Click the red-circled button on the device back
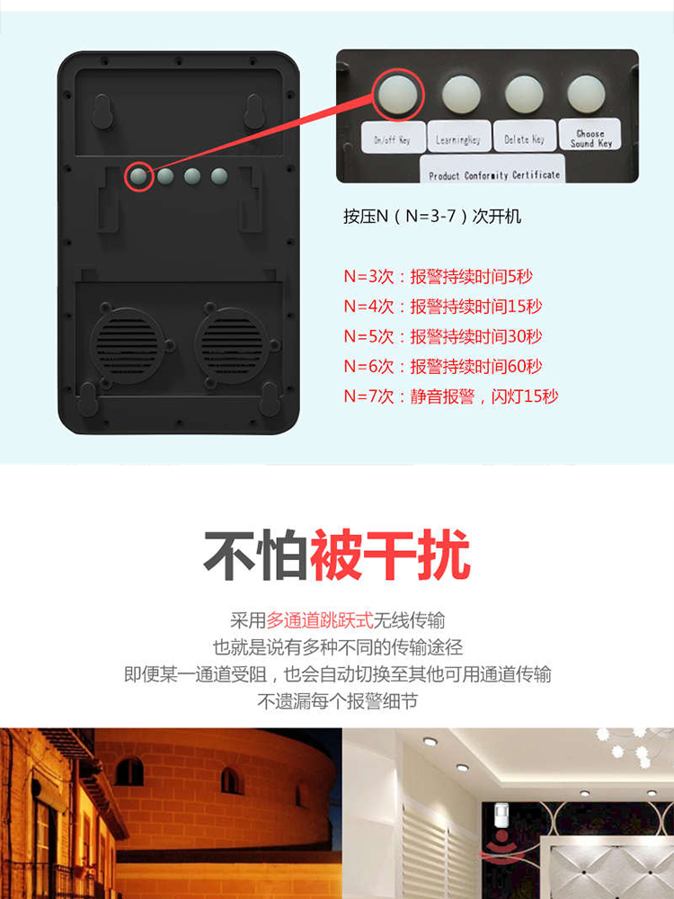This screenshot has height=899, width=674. [139, 176]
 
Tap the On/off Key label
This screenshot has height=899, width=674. [394, 138]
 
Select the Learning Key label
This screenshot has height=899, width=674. [458, 137]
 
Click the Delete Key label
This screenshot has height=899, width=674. [525, 137]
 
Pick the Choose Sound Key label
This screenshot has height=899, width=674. [590, 135]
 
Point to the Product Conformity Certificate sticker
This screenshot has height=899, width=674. [493, 170]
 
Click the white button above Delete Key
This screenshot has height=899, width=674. [524, 94]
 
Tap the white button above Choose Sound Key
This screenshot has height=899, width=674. [586, 93]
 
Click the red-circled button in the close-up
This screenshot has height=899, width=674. [398, 94]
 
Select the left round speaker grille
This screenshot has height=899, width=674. [127, 346]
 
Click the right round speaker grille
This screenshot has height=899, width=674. [232, 346]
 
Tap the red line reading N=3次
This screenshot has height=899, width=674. [438, 276]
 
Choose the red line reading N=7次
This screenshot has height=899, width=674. [450, 396]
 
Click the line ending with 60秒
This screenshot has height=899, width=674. [442, 366]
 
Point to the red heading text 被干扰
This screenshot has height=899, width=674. [390, 555]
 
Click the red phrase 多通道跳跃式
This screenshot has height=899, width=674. [319, 619]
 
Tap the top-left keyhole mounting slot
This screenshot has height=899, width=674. [102, 111]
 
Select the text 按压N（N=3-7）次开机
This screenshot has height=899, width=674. [432, 216]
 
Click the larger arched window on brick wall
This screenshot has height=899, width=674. [129, 771]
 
